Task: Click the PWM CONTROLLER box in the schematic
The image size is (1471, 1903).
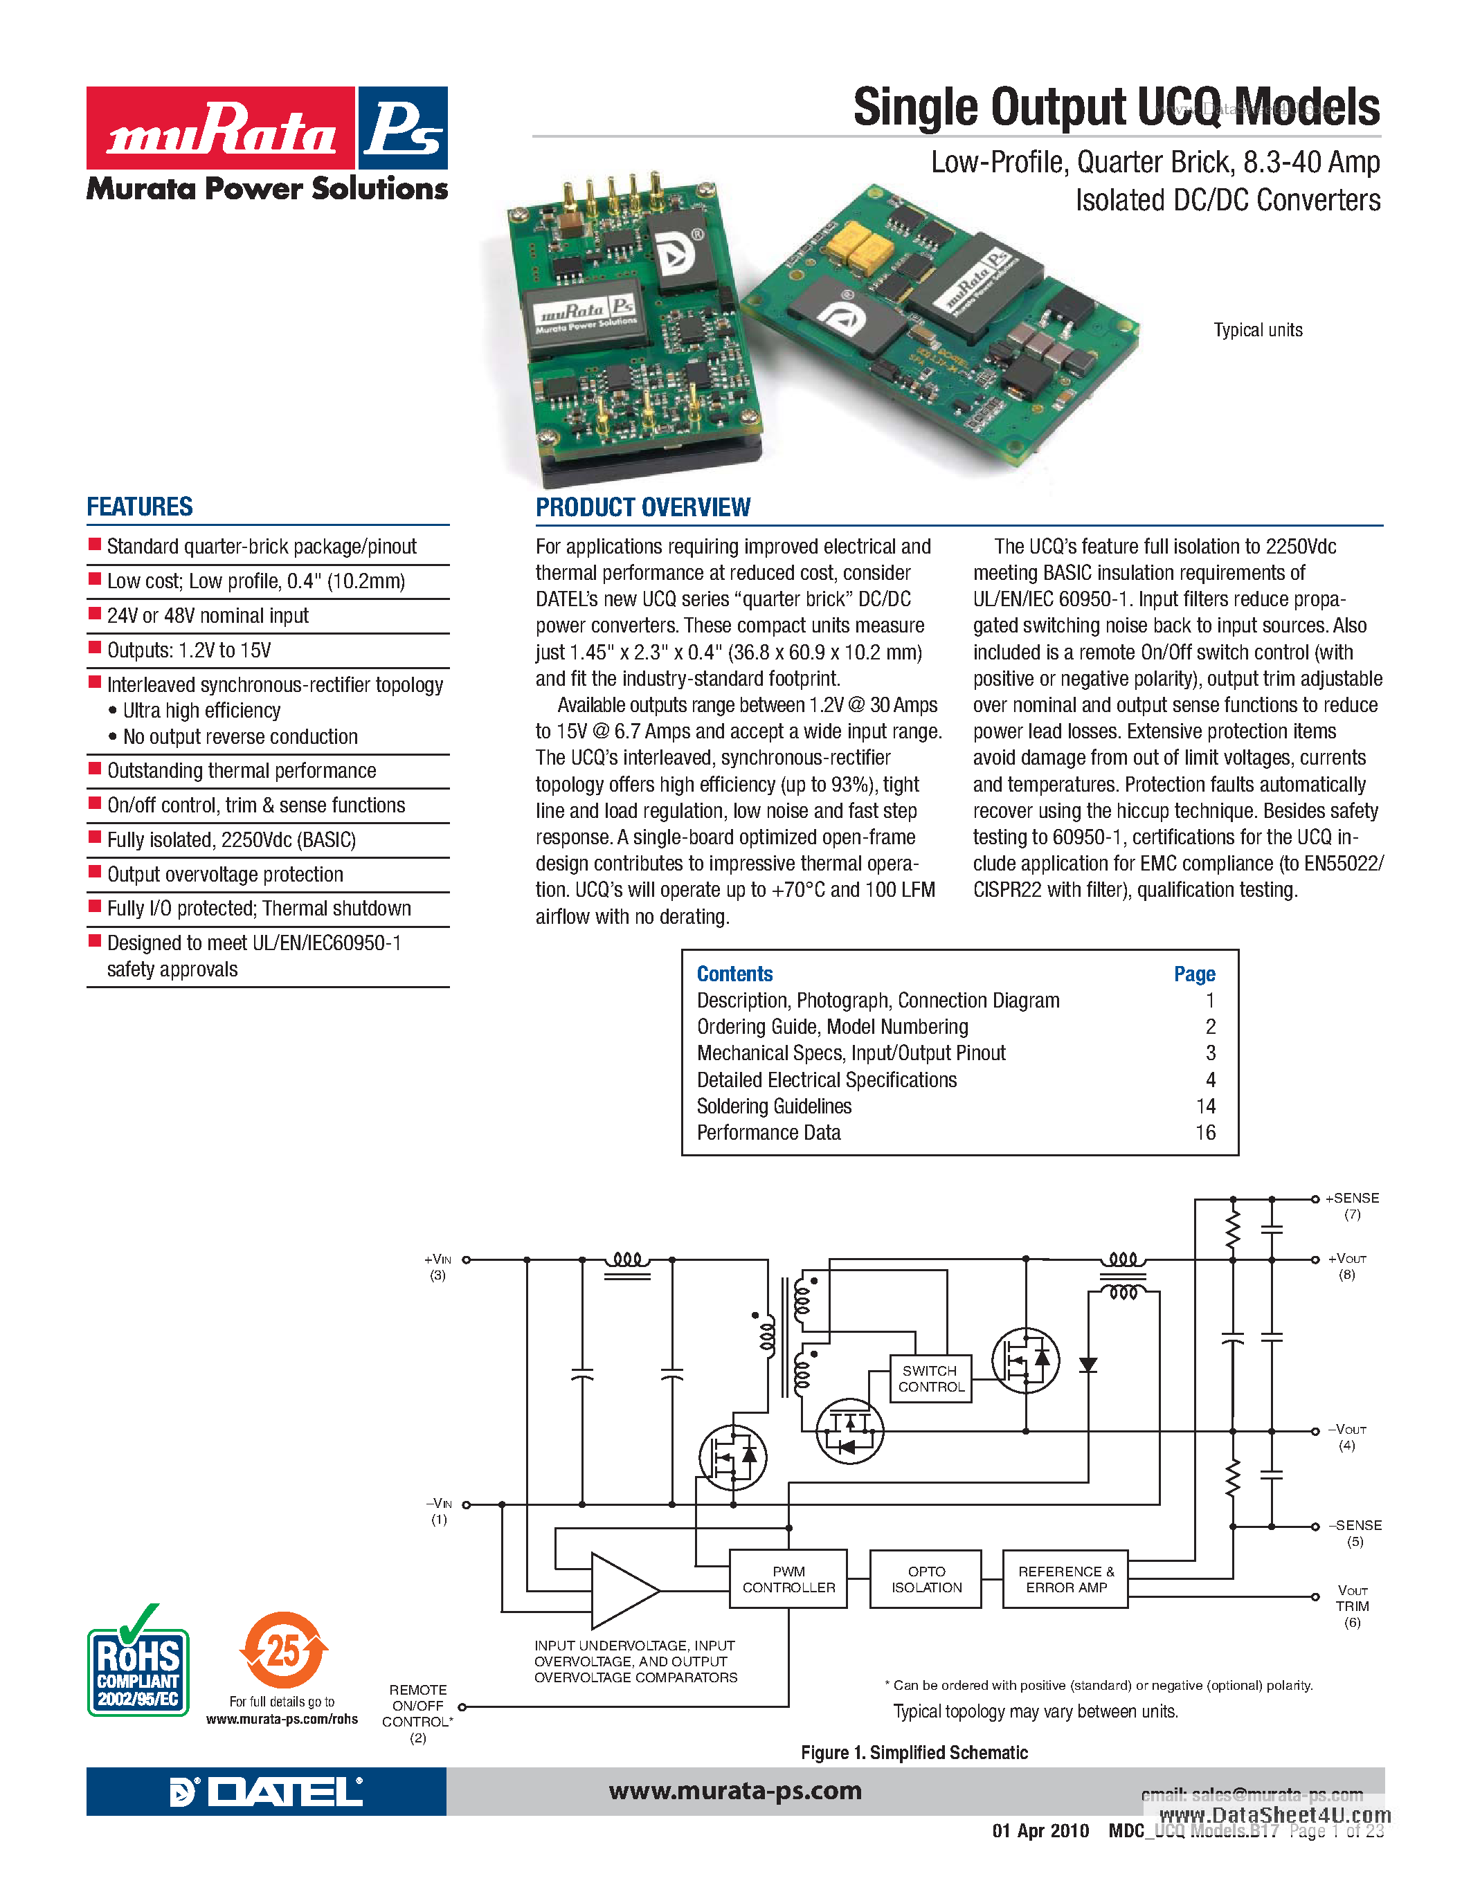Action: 788,1579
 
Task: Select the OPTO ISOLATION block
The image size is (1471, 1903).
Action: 926,1579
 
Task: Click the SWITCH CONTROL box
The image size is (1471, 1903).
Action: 930,1378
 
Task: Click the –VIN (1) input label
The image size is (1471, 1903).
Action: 438,1510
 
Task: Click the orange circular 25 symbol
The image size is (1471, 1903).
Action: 283,1650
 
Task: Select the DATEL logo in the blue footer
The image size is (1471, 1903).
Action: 266,1792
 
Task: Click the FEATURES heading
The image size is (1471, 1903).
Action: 139,507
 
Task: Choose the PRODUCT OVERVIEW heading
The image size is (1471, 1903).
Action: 642,507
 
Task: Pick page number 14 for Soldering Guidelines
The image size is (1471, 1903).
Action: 1204,1106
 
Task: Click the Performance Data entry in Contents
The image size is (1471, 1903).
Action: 768,1133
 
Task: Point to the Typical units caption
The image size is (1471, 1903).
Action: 1258,330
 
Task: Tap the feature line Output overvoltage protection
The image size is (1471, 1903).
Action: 225,874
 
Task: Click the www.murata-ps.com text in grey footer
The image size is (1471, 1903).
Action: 734,1791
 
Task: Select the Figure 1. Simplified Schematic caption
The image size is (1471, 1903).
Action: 913,1752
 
